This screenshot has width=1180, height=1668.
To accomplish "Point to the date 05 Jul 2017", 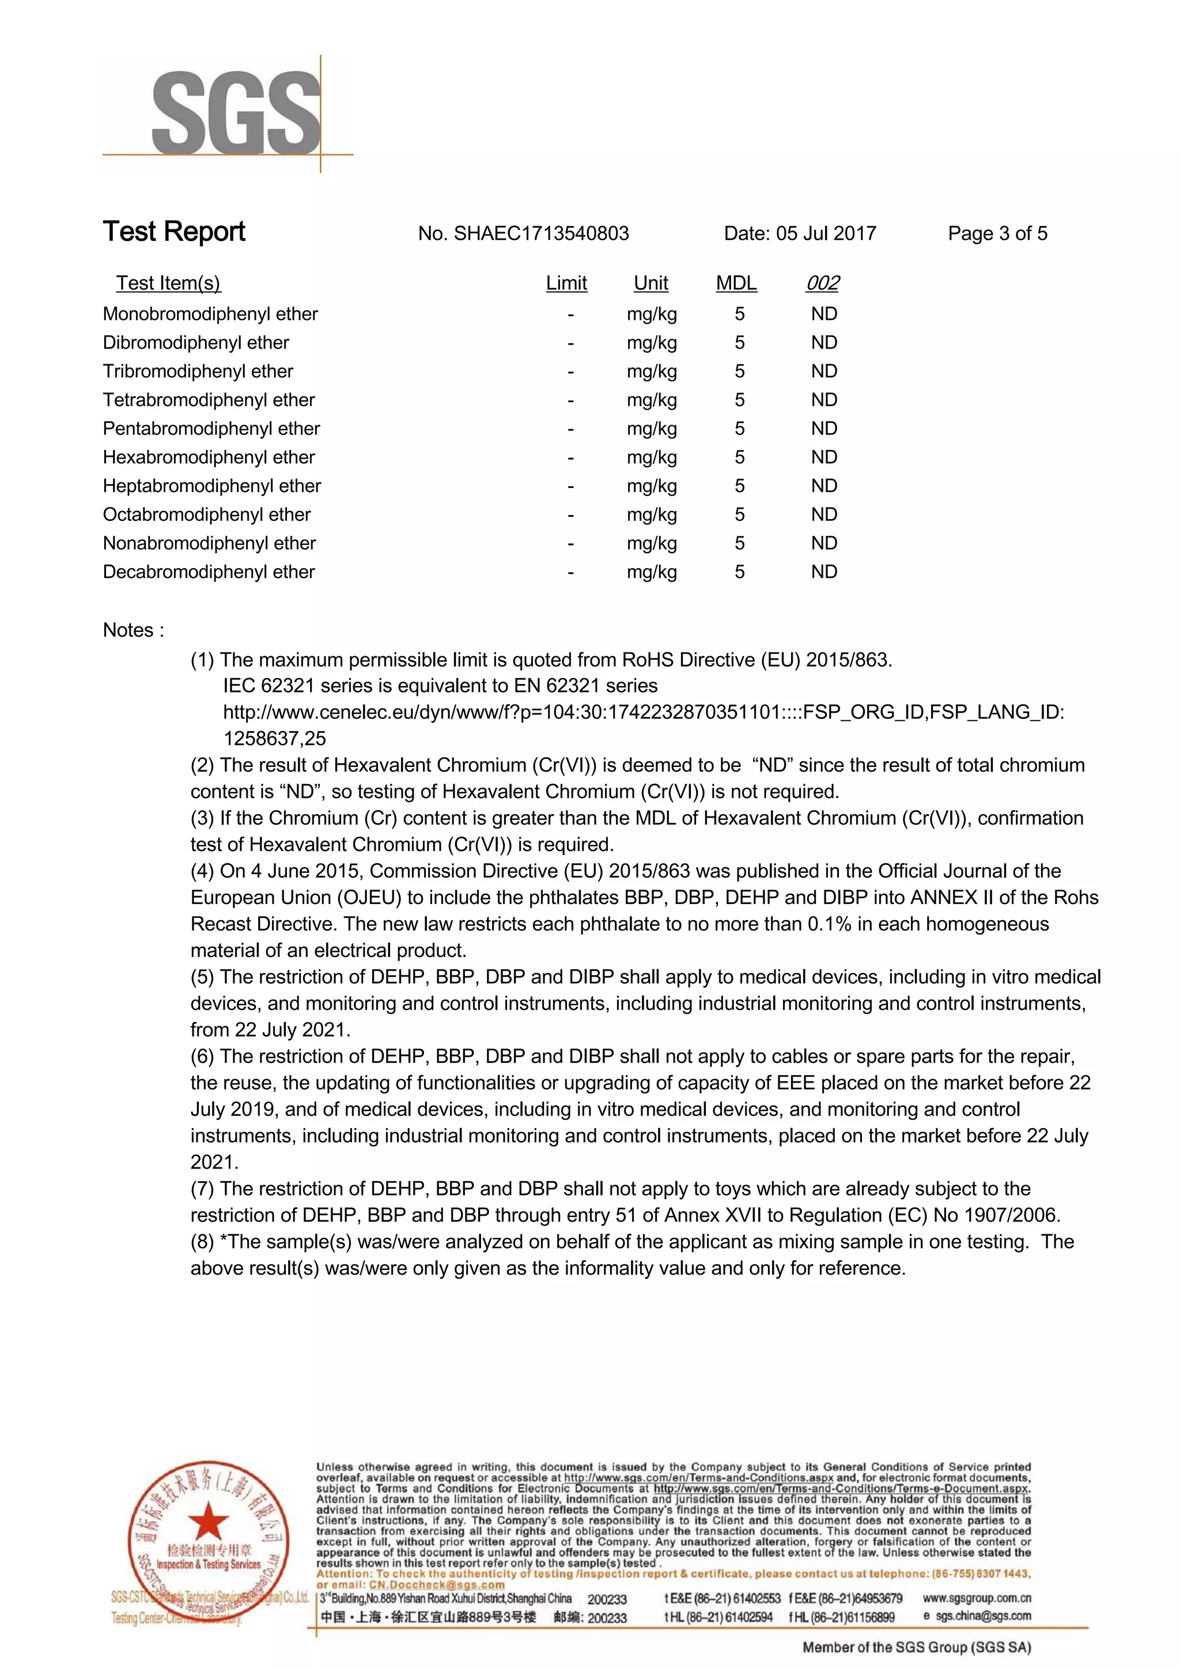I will tap(826, 233).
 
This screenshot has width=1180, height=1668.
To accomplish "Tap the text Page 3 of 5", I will tap(997, 233).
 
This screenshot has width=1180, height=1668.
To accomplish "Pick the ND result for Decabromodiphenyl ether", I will tap(824, 572).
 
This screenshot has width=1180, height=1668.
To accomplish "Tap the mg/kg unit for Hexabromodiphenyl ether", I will tap(652, 457).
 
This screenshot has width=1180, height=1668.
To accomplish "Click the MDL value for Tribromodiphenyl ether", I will tap(739, 371).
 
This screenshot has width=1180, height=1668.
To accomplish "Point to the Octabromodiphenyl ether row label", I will tap(206, 515).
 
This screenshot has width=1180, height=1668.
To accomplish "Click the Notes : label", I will tap(133, 630).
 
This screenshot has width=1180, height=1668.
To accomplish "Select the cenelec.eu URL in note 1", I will tap(643, 712).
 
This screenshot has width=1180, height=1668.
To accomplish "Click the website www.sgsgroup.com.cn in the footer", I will tap(977, 1598).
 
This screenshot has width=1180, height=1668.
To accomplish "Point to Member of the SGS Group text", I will tap(916, 1647).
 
